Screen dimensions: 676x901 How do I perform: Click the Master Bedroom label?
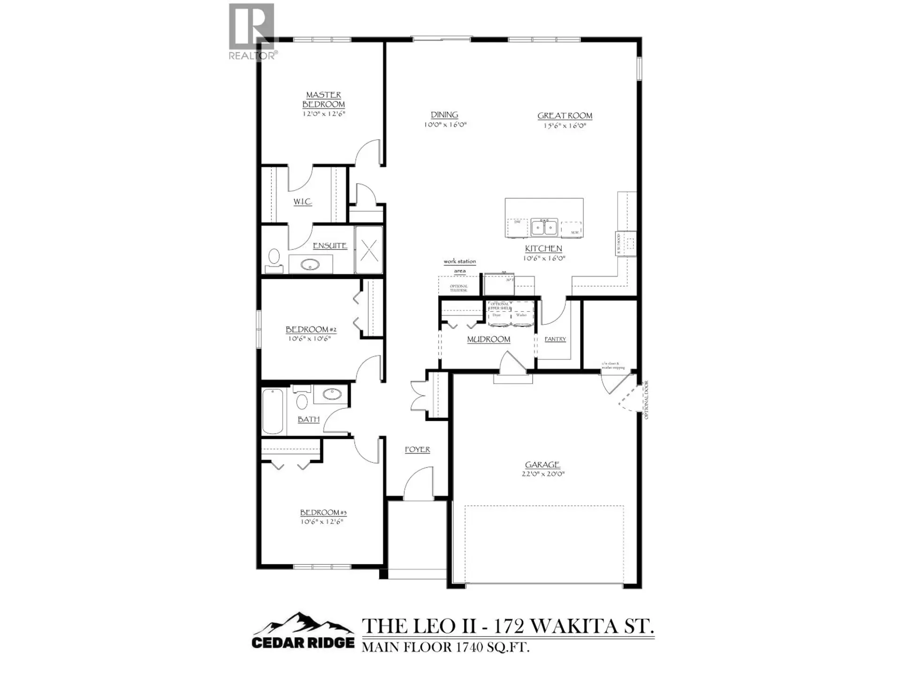point(323,100)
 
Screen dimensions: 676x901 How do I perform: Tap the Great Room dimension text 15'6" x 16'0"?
point(565,126)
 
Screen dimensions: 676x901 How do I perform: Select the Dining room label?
point(444,115)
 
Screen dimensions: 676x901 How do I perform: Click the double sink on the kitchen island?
point(544,227)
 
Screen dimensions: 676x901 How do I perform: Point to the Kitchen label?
point(543,249)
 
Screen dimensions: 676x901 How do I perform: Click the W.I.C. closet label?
point(303,202)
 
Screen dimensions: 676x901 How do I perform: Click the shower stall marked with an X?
point(369,250)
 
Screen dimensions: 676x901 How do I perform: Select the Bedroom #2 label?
point(311,330)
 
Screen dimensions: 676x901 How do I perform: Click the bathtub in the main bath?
point(273,411)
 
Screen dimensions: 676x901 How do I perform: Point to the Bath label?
point(308,420)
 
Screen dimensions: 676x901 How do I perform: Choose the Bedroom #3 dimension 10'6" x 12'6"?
point(322,522)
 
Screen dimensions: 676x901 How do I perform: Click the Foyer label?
point(417,450)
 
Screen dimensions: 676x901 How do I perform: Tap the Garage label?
point(542,465)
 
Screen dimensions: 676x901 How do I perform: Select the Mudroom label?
point(489,339)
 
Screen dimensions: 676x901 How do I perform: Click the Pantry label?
point(555,339)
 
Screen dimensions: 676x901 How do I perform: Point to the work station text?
point(459,261)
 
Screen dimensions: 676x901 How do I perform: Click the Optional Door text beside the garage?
point(646,400)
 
